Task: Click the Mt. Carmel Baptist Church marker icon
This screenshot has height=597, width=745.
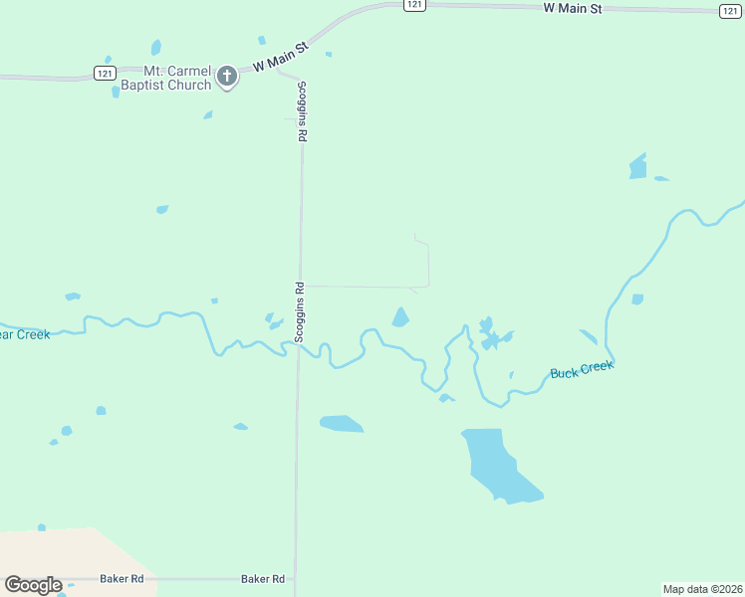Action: tap(227, 76)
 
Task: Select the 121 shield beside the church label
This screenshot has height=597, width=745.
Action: tap(106, 73)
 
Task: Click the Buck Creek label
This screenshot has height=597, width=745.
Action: tap(582, 370)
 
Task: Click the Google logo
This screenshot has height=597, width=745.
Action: tap(33, 585)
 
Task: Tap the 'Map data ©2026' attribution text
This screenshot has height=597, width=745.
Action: tap(702, 589)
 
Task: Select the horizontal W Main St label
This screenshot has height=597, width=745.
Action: tap(573, 8)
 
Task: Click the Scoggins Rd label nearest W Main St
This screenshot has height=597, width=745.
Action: tap(301, 110)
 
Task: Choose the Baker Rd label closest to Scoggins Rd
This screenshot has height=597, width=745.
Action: tap(263, 578)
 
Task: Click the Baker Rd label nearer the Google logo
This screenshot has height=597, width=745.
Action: tap(122, 578)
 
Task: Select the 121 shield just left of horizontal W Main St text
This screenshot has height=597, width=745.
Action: tap(415, 5)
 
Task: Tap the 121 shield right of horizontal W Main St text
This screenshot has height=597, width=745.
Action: tap(731, 11)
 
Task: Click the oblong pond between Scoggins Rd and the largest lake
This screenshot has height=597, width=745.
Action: tap(341, 424)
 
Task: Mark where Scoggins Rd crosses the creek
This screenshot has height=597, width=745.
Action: tap(298, 345)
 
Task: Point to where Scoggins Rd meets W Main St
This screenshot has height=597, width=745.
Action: tap(281, 70)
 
